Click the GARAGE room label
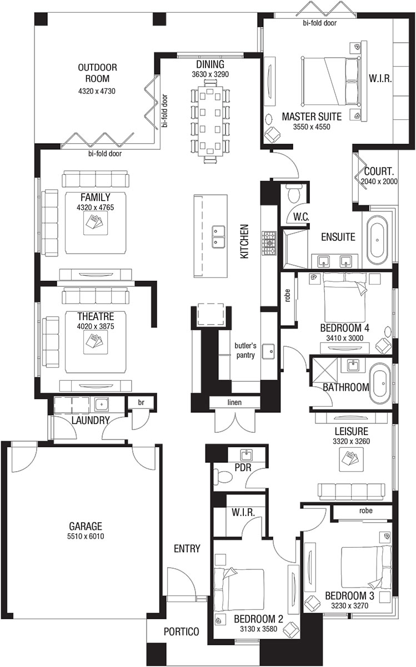pos(86,526)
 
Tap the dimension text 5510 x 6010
pos(86,537)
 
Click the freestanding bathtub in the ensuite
pos(377,240)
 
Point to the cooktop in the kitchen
pos(269,243)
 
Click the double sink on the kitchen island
pos(218,237)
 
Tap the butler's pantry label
pos(245,350)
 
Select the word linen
pos(234,402)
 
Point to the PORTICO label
pos(181,631)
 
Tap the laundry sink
pos(102,405)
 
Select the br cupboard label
pos(141,402)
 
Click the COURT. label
pos(379,171)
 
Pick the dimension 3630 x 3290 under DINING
pos(210,74)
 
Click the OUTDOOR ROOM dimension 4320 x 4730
pos(97,91)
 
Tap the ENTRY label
pos(187,548)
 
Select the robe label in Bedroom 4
pos(288,296)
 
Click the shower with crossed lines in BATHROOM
pos(325,370)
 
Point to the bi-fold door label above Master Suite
pos(320,23)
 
